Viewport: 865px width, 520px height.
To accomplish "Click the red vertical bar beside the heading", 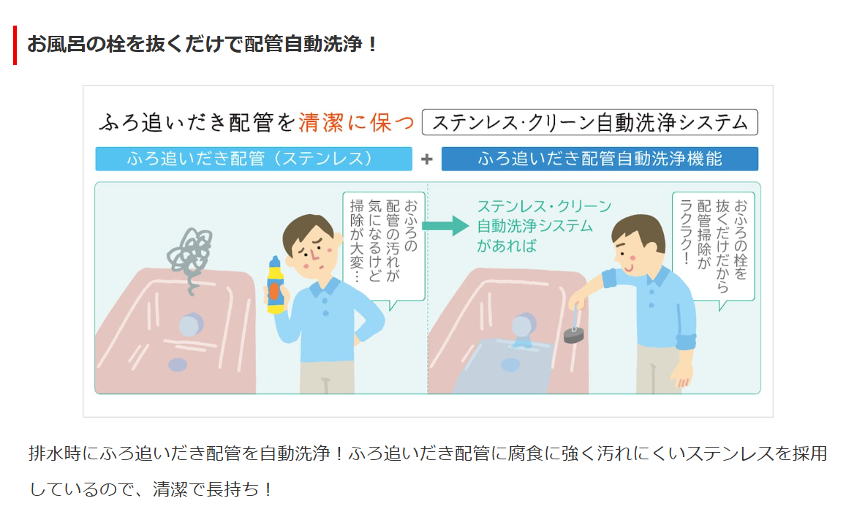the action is pyautogui.click(x=15, y=45).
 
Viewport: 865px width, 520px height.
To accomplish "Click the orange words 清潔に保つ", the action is pyautogui.click(x=356, y=123).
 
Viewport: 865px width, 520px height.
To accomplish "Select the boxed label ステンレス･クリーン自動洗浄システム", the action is pyautogui.click(x=590, y=123).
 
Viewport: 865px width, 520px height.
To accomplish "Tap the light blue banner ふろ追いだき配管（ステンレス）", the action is pyautogui.click(x=254, y=159).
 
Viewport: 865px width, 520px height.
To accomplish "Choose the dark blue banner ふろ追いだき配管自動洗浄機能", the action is pyautogui.click(x=600, y=159).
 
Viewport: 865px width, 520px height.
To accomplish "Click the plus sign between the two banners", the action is pyautogui.click(x=426, y=159).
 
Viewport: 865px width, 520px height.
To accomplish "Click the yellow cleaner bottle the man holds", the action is pyautogui.click(x=275, y=285).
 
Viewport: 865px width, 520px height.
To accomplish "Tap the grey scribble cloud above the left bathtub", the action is pyautogui.click(x=190, y=254).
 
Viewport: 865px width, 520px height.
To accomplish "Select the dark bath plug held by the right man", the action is pyautogui.click(x=574, y=334).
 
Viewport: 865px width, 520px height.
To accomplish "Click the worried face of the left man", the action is pyautogui.click(x=311, y=249).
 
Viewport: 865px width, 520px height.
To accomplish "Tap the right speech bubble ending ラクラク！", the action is pyautogui.click(x=714, y=246).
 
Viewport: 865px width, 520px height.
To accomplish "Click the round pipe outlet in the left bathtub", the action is pyautogui.click(x=190, y=325).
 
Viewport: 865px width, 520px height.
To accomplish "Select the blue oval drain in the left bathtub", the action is pyautogui.click(x=178, y=365).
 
